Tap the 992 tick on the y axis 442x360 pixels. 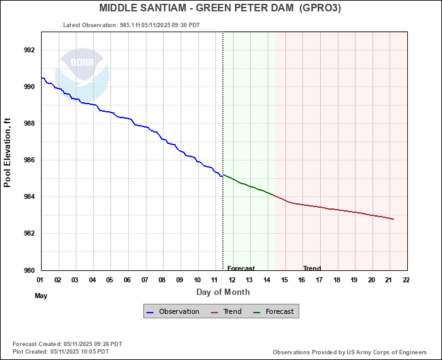tap(29, 50)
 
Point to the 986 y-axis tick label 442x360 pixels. tap(29, 160)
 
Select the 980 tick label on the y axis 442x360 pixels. tap(29, 270)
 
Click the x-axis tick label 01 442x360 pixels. tap(40, 280)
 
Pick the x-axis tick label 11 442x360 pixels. tap(215, 280)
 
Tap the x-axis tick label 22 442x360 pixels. tap(406, 280)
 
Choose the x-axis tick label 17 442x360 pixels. tap(319, 280)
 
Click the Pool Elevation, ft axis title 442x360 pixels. tap(8, 151)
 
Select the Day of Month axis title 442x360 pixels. tap(223, 292)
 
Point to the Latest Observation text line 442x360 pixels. tap(131, 25)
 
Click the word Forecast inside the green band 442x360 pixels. tap(241, 268)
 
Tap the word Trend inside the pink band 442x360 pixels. tap(312, 268)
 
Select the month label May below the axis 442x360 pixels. tap(41, 296)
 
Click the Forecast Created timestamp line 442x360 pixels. tap(67, 344)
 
